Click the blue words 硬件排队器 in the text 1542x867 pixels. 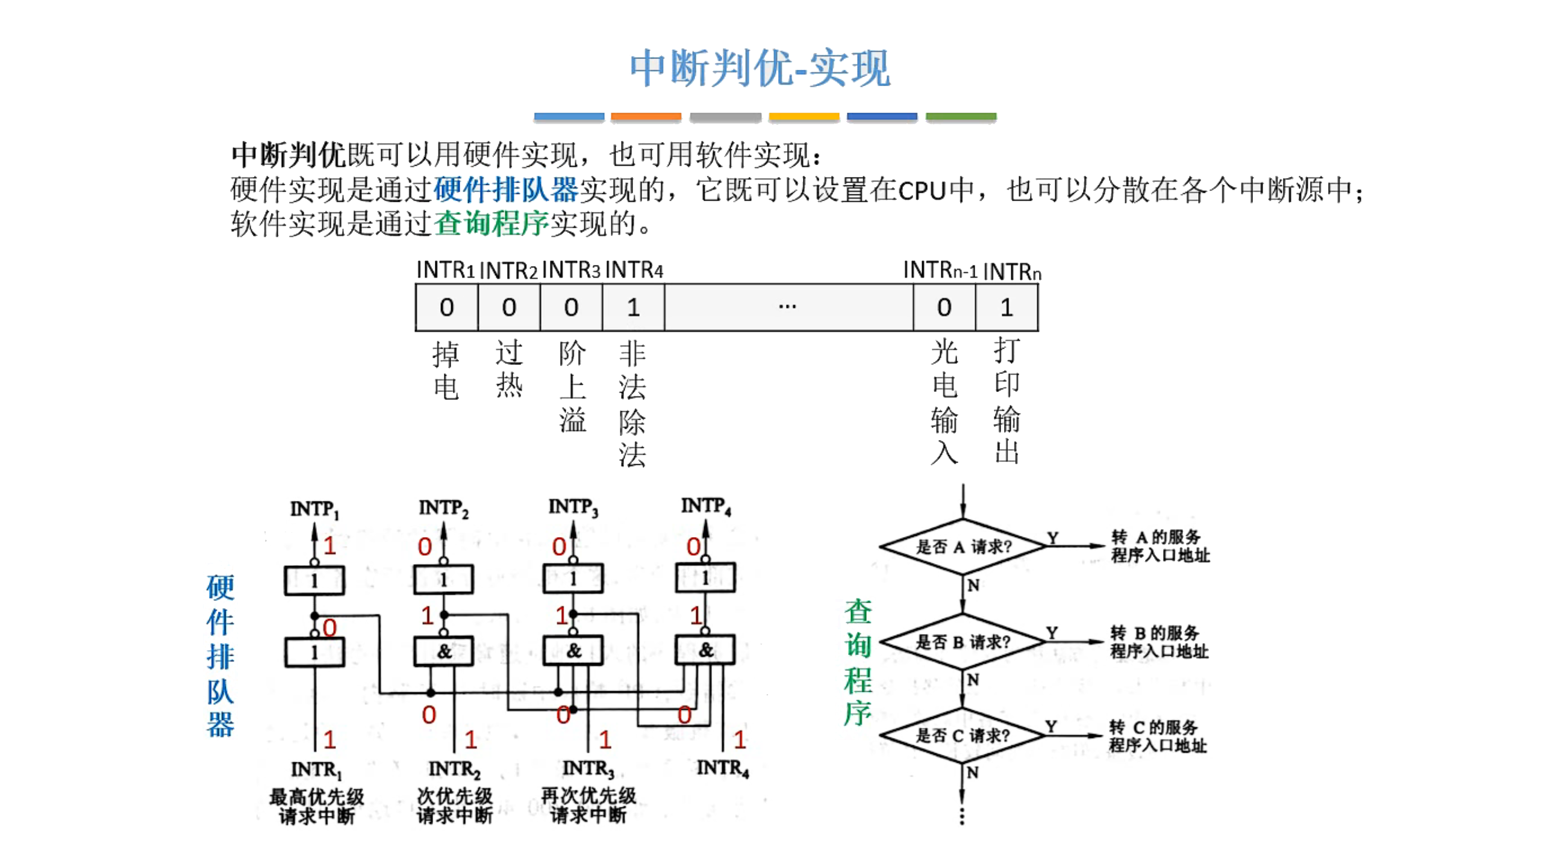pos(505,190)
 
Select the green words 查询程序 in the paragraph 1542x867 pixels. pos(491,223)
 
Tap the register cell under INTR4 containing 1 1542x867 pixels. pos(632,308)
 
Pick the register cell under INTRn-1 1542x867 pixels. pos(943,308)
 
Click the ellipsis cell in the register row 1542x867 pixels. pos(787,308)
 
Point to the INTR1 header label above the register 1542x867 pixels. pos(445,270)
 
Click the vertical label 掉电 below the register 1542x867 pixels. pos(446,370)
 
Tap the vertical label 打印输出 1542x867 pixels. pos(1006,400)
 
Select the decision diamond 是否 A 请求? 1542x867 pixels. pos(963,547)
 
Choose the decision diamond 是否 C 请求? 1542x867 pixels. pos(963,735)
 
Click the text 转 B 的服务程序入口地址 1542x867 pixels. pos(1158,642)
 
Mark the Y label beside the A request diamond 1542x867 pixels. pos(1052,537)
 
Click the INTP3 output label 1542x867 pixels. pos(573,508)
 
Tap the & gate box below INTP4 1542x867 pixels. pos(705,650)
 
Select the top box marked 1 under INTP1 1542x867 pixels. pos(314,581)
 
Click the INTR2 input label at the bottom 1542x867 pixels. pos(454,769)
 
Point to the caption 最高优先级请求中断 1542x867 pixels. pos(316,806)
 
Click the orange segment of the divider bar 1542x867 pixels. pos(646,117)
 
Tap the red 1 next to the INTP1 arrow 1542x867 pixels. pos(329,546)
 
